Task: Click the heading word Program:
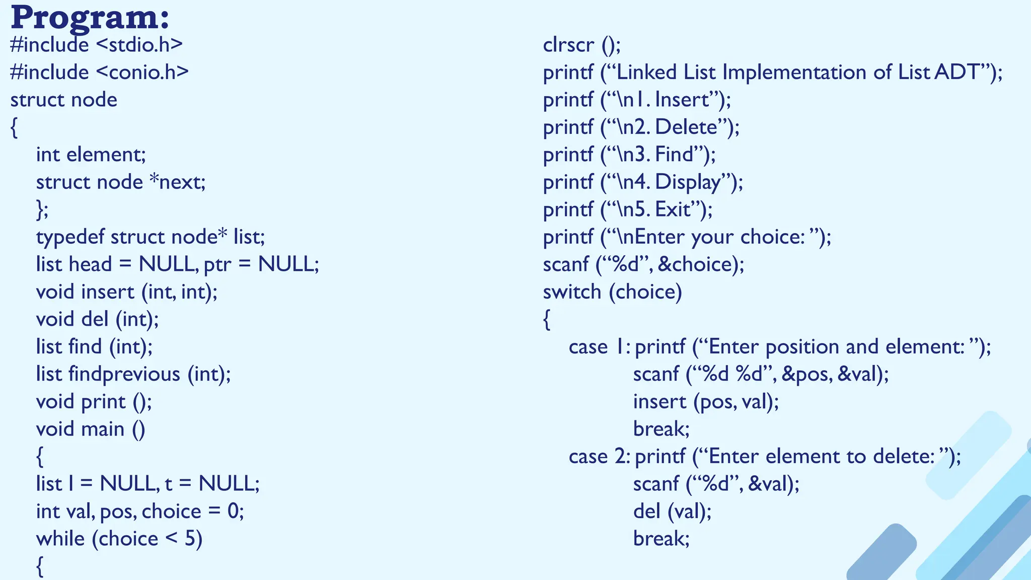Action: (x=90, y=18)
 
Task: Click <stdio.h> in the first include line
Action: (x=139, y=45)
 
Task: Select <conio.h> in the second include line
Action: (x=142, y=72)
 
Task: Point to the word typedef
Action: (x=70, y=237)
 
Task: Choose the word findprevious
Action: (x=124, y=374)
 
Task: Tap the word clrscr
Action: (x=568, y=45)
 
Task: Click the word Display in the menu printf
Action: (x=688, y=182)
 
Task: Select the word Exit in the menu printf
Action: (x=673, y=209)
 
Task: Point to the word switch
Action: (x=572, y=292)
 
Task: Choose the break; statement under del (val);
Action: (x=661, y=539)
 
